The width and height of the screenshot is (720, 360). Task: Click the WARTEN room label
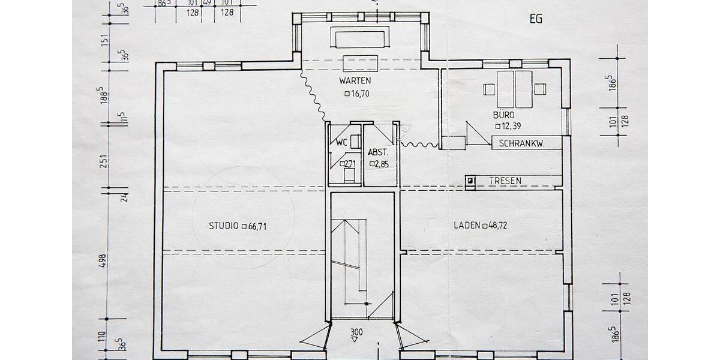coord(355,80)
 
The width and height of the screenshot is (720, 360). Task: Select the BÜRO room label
coord(504,114)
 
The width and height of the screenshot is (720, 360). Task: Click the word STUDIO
coord(223,226)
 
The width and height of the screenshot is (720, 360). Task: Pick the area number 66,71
coord(258,226)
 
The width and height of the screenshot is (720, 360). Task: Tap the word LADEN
coord(466,226)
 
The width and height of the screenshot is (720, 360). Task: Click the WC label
coord(342,142)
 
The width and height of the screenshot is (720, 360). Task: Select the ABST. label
coord(379,152)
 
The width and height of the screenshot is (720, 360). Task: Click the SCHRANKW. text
coord(521,144)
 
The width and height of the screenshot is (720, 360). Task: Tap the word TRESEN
coord(505,181)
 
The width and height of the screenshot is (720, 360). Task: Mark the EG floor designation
coord(536,19)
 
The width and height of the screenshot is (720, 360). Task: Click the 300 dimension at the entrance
coord(356,331)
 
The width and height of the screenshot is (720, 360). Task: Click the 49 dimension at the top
coord(208,3)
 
